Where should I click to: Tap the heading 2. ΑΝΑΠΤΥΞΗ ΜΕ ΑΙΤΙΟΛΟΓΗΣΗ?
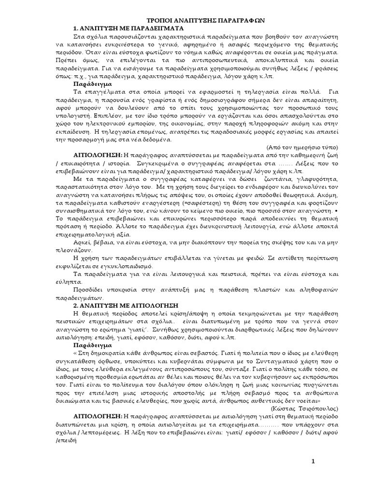coord(126,306)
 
